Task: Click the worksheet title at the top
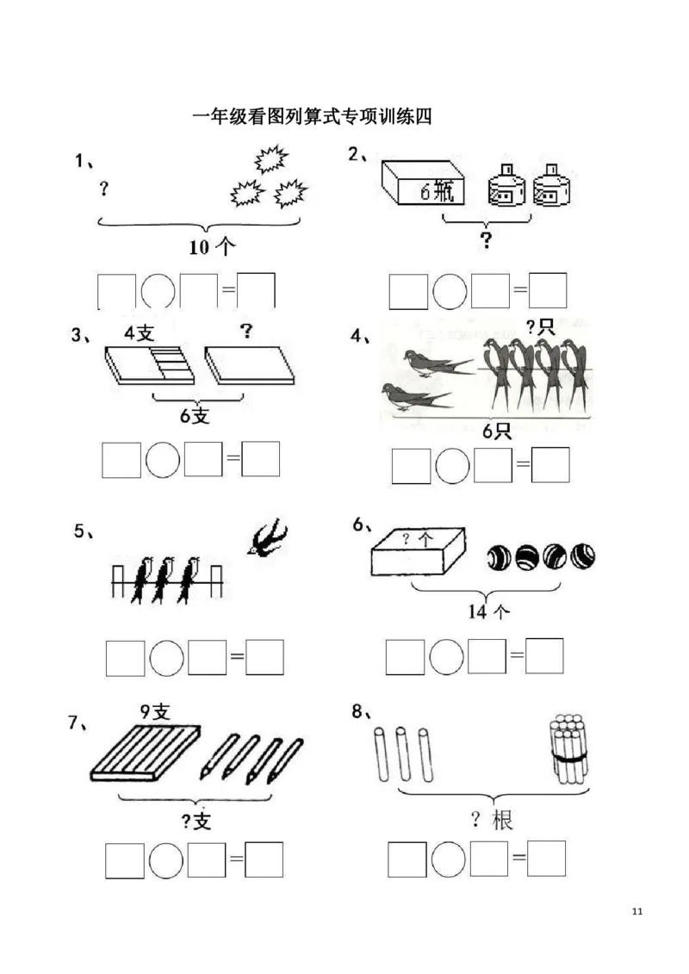[x=312, y=116]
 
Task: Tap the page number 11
[x=636, y=911]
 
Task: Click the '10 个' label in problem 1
[x=213, y=247]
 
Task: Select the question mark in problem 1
[x=103, y=189]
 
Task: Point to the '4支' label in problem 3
[x=139, y=333]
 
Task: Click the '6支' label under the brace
[x=195, y=416]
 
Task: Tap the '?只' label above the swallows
[x=541, y=326]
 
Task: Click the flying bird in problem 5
[x=267, y=536]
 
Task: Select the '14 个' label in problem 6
[x=489, y=611]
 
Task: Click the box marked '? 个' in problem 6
[x=418, y=552]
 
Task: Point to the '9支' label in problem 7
[x=155, y=712]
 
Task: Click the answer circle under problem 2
[x=450, y=291]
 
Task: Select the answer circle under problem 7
[x=166, y=860]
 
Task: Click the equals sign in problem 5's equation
[x=237, y=656]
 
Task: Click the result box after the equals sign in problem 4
[x=550, y=465]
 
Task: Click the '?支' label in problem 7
[x=196, y=822]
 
